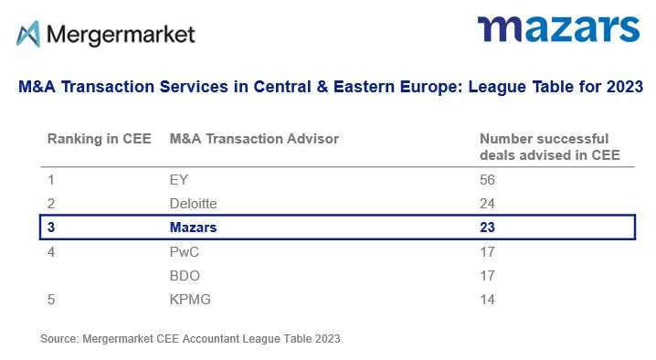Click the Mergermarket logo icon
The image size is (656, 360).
coord(28,34)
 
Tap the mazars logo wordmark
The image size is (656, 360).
coord(557,30)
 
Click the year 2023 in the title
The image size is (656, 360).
coord(625,88)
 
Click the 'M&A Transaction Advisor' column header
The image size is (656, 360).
coord(254,139)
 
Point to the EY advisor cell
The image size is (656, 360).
coord(179,180)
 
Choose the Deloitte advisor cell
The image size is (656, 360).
coord(193,203)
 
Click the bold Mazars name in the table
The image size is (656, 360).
coord(194,227)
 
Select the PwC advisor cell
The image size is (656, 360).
coord(185,250)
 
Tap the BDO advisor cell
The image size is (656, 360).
coord(185,274)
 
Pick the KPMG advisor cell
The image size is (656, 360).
coord(189,298)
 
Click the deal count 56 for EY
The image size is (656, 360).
coord(488,180)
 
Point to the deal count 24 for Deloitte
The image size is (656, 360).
coord(488,203)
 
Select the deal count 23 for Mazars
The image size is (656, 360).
coord(488,227)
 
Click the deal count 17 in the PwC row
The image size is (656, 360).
coord(488,250)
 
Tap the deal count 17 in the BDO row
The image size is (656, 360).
coord(488,274)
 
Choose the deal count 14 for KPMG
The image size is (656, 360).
coord(488,298)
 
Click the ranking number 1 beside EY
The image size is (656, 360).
coord(51,180)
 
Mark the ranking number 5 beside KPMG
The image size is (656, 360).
coord(52,298)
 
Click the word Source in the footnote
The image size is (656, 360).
coord(58,339)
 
